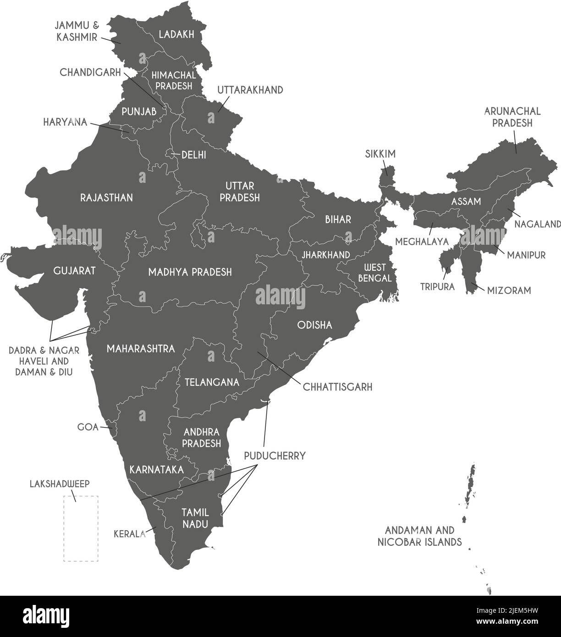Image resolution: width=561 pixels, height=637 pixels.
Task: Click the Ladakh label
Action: pos(176,34)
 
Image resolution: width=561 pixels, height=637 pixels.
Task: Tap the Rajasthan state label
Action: pos(106,198)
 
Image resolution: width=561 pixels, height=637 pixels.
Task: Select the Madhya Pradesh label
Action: pos(190,272)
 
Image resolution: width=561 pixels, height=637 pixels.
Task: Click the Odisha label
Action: pos(314,325)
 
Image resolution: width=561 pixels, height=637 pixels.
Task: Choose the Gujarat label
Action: pos(74,271)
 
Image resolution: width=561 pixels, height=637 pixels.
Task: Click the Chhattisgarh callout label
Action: pos(337,387)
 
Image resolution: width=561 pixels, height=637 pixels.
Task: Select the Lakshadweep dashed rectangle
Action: pos(81,528)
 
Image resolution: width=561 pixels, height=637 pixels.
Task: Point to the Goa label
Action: pos(88,427)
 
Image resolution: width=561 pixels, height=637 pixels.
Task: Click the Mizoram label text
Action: pos(509,290)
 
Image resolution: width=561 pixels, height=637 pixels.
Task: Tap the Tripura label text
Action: pos(438,287)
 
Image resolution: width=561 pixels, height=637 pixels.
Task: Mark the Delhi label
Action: pos(193,155)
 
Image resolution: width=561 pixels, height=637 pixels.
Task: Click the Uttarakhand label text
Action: pos(250,90)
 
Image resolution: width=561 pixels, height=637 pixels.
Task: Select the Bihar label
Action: pos(338,220)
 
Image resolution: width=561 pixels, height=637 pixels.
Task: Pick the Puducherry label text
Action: pos(275,456)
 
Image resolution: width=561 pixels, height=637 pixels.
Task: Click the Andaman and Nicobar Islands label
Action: pos(419,536)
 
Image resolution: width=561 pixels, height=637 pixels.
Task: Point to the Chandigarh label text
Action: pos(90,72)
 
